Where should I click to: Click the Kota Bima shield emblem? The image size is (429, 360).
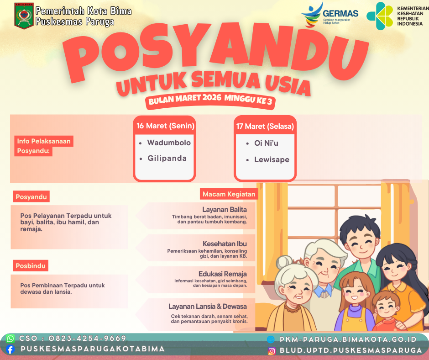[24, 16]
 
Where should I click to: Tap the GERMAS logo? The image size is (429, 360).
[330, 15]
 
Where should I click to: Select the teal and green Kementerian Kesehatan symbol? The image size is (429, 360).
[380, 16]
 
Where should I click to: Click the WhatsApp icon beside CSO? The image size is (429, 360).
[10, 339]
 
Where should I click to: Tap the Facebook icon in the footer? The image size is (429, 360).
[10, 349]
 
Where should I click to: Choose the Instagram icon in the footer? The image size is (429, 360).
[272, 351]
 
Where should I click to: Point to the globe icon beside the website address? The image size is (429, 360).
[271, 339]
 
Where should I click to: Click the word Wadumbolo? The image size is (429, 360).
[169, 143]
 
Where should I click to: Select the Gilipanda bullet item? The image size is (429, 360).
[163, 159]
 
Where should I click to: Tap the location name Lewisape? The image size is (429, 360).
[272, 159]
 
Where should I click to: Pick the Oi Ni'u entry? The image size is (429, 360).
[262, 143]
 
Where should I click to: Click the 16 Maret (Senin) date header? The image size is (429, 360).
[165, 126]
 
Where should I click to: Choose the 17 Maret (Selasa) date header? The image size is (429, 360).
[265, 126]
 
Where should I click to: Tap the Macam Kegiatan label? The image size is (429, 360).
[229, 194]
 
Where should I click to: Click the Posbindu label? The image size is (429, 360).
[31, 266]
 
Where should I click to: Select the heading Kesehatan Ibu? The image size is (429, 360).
[225, 244]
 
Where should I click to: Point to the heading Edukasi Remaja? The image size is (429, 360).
[222, 274]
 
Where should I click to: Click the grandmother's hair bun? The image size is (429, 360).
[284, 262]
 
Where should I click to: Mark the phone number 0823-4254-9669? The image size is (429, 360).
[87, 339]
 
